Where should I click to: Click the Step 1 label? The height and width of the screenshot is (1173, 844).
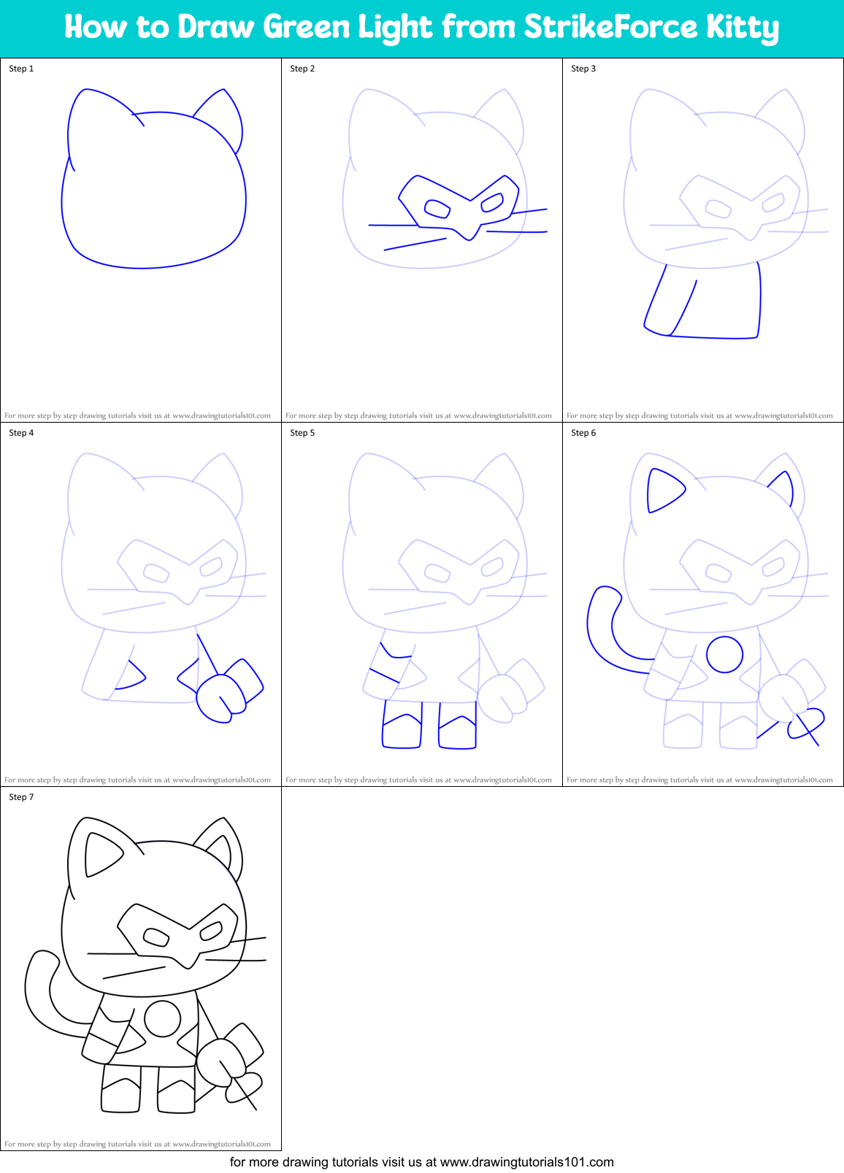[21, 69]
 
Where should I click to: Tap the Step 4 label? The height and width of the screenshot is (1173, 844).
[21, 433]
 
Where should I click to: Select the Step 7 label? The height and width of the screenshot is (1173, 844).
[21, 797]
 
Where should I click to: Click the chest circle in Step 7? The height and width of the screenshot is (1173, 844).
[162, 1018]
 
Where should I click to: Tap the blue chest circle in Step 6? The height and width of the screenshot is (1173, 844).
[724, 654]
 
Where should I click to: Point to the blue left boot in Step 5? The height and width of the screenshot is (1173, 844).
[402, 726]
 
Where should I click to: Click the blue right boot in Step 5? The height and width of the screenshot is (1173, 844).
[458, 726]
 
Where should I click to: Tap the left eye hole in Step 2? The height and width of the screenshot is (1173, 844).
[437, 209]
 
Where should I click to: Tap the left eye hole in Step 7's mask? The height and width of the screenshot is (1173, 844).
[156, 937]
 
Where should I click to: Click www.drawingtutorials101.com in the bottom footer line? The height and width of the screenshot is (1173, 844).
[526, 1162]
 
